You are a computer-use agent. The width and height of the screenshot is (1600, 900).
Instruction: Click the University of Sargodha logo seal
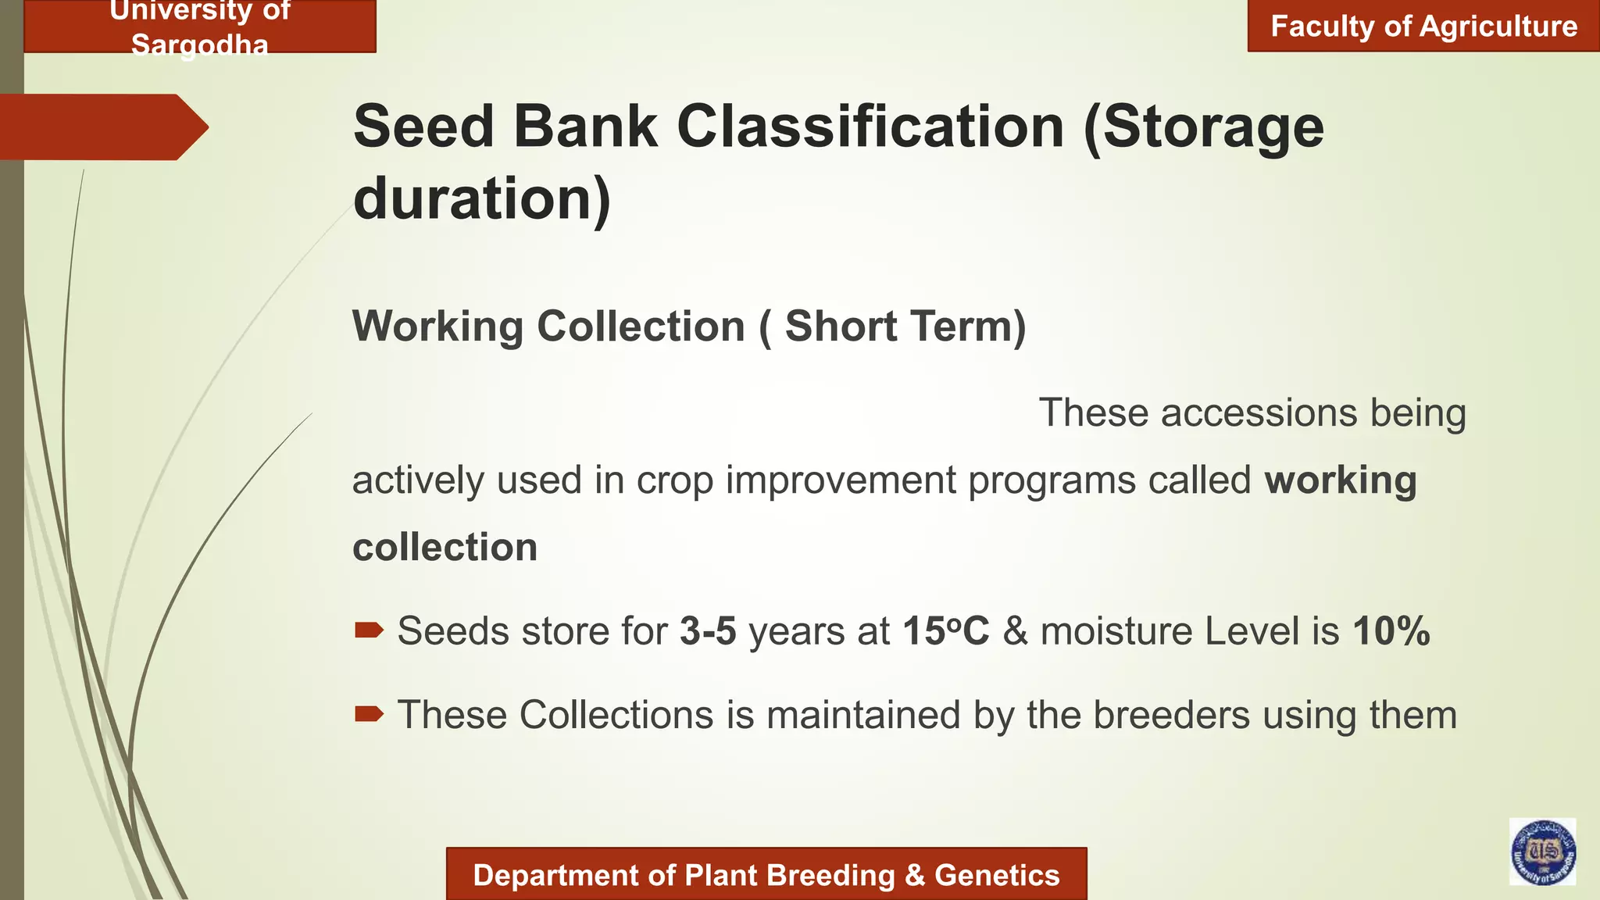[x=1542, y=852]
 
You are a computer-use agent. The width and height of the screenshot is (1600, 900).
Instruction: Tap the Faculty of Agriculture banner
[x=1423, y=27]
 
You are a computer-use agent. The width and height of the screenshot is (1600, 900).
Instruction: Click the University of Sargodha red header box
[x=200, y=27]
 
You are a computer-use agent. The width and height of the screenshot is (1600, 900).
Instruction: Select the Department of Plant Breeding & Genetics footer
[x=766, y=875]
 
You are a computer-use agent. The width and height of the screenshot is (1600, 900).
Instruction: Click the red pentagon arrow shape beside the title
[x=102, y=127]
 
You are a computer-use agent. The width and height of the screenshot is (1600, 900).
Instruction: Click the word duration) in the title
[x=482, y=198]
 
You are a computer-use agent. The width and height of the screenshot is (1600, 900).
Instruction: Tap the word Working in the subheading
[x=438, y=327]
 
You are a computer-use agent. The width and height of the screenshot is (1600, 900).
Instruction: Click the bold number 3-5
[x=708, y=631]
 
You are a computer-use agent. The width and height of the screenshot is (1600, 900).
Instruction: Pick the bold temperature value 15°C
[x=945, y=631]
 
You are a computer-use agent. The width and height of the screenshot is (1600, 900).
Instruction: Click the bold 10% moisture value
[x=1391, y=631]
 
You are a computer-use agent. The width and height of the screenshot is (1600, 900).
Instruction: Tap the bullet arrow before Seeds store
[x=369, y=630]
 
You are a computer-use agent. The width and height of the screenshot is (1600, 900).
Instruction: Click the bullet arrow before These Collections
[x=369, y=713]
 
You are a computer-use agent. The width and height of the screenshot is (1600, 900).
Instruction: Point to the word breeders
[x=1171, y=715]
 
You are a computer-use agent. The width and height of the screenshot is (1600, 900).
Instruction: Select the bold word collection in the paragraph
[x=445, y=547]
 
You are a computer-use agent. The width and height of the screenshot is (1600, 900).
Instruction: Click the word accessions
[x=1259, y=412]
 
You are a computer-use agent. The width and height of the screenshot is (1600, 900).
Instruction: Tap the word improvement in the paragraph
[x=841, y=480]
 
